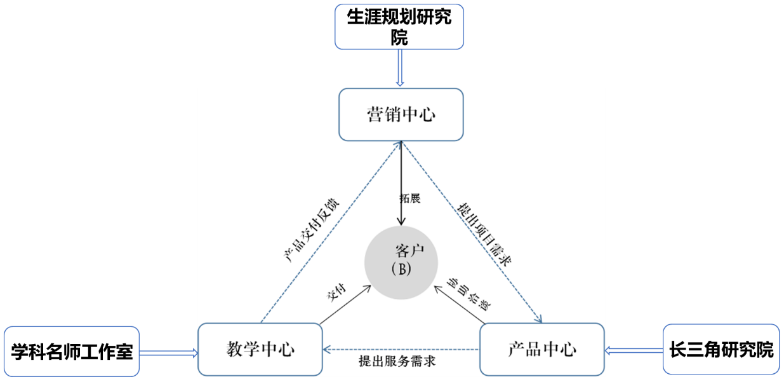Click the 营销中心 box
pos(401,114)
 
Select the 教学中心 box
pos(260,349)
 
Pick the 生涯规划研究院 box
pos(399,26)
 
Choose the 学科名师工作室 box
pos(72,351)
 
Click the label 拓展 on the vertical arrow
pos(410,198)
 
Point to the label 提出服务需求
pos(396,364)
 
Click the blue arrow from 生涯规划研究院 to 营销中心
pos(400,68)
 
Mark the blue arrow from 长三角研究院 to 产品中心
pos(634,349)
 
